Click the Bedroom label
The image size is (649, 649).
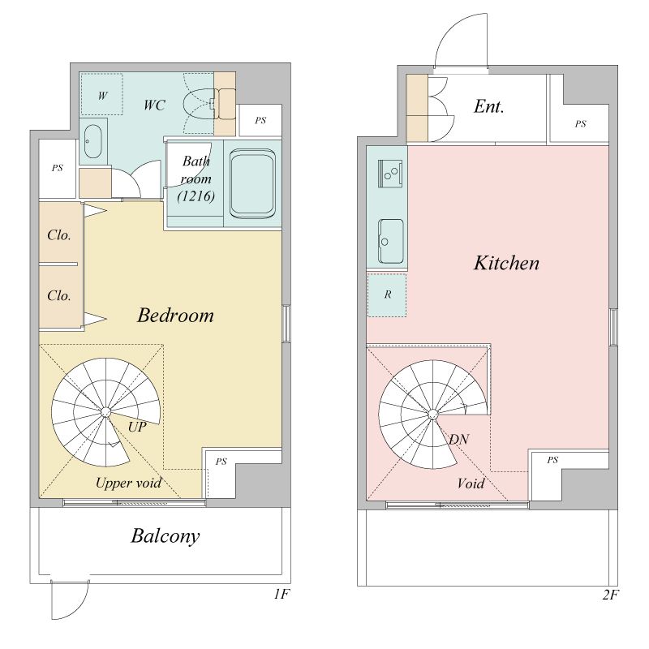point(175,316)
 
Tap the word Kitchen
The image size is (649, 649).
point(506,263)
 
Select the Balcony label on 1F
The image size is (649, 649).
point(165,536)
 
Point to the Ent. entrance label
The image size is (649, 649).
point(489,106)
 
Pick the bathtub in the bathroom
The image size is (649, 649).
point(252,184)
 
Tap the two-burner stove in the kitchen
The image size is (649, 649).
point(390,174)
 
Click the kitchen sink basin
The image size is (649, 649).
point(390,241)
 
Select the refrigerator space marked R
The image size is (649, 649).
point(387,294)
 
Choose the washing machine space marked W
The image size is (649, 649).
point(102,94)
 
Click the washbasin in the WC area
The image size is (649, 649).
point(92,141)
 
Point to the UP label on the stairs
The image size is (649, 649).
point(137,427)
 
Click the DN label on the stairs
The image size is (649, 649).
point(459,439)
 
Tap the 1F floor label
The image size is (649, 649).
point(282,595)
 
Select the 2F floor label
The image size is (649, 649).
point(610,595)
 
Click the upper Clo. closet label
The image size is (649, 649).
point(58,235)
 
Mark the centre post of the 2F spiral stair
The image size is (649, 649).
point(432,414)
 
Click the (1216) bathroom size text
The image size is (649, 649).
point(196,196)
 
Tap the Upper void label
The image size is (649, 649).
point(128,483)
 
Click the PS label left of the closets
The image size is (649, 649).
point(57,168)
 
